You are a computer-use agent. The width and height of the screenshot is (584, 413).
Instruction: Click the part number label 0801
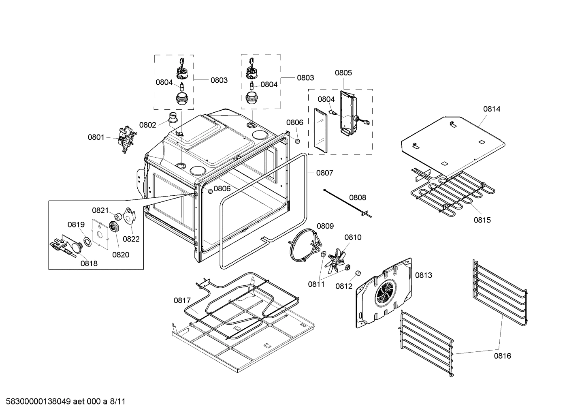click(x=96, y=137)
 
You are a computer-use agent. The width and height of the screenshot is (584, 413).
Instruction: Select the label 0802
click(x=147, y=125)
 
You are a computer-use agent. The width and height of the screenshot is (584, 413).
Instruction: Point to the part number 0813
click(x=423, y=275)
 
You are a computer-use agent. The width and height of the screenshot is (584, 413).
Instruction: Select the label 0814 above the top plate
click(x=491, y=109)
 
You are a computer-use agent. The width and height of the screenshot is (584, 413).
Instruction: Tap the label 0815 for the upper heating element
click(x=482, y=220)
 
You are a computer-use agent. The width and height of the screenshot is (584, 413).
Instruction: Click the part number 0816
click(x=502, y=356)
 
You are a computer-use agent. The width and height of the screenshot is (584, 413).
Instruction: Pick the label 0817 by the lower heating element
click(x=182, y=300)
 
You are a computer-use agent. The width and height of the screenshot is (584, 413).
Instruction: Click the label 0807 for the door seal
click(x=324, y=173)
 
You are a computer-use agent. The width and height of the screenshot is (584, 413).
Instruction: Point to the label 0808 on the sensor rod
click(x=357, y=197)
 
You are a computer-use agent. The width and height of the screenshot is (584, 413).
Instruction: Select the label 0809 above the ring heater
click(x=325, y=226)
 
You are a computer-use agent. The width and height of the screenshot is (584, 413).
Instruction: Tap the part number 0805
click(x=343, y=73)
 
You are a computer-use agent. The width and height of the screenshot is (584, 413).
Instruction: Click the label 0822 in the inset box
click(x=131, y=239)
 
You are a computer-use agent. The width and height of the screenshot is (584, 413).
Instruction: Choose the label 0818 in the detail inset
click(x=89, y=263)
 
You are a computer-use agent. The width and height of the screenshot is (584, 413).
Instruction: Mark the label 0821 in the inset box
click(x=100, y=210)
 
